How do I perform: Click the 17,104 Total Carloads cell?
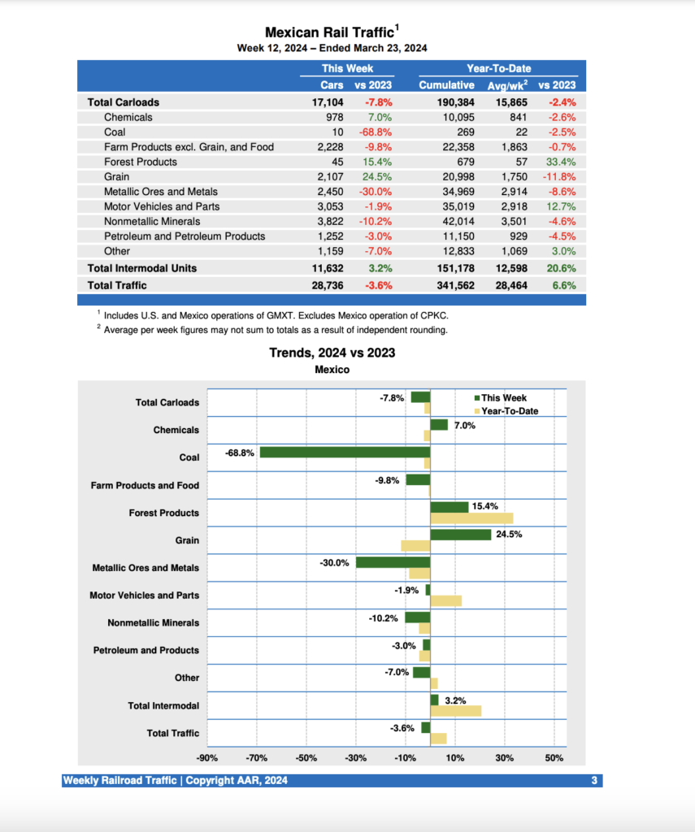pos(328,102)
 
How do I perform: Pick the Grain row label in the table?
pos(116,176)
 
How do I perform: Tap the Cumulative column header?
pos(446,84)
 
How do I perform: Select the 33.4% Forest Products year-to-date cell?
pos(560,162)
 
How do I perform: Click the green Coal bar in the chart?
pos(345,452)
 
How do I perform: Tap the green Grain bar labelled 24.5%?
pos(460,535)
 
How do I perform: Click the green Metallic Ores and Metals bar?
pos(393,562)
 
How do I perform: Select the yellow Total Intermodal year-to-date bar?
pos(455,711)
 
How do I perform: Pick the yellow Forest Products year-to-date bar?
pos(471,518)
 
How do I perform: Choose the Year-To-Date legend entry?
pos(509,411)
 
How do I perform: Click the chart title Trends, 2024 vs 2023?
pos(332,353)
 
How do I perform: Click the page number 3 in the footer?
pos(594,781)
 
